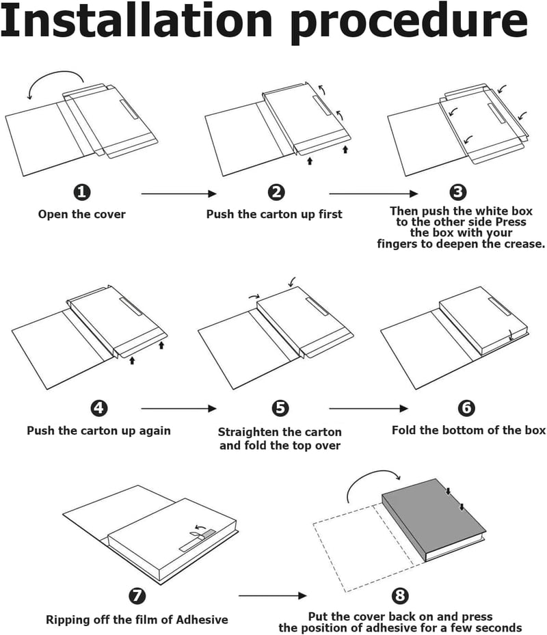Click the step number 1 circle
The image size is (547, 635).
(82, 192)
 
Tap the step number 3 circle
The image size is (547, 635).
(458, 192)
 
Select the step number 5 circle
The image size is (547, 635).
(280, 408)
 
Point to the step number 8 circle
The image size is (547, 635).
(400, 595)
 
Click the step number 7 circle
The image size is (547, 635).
(137, 595)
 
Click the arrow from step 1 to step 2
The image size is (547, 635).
(178, 193)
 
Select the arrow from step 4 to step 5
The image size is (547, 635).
(178, 409)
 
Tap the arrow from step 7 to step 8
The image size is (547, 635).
(272, 595)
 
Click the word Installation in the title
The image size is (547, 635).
(136, 21)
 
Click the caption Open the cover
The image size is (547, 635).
(82, 214)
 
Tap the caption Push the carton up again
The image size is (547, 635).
(99, 431)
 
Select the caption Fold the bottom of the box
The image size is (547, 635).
(469, 430)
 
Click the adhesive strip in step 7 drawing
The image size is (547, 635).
(198, 541)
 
